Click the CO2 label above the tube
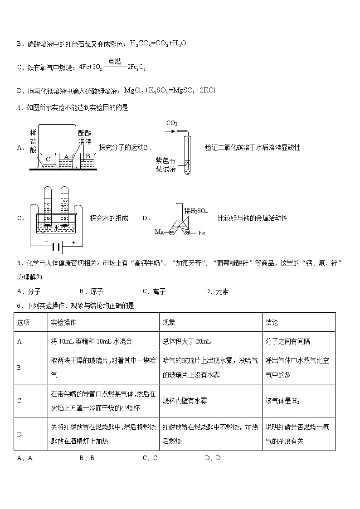[x=172, y=123]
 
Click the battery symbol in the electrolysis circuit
[x=57, y=247]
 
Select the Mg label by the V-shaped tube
[x=159, y=232]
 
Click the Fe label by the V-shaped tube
[x=202, y=233]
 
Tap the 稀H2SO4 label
[x=196, y=211]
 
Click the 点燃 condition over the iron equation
[x=115, y=61]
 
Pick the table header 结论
[x=272, y=322]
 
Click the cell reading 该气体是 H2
[x=282, y=401]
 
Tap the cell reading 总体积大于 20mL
[x=186, y=341]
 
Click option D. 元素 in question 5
[x=217, y=291]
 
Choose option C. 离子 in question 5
[x=154, y=291]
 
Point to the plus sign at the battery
[x=73, y=242]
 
